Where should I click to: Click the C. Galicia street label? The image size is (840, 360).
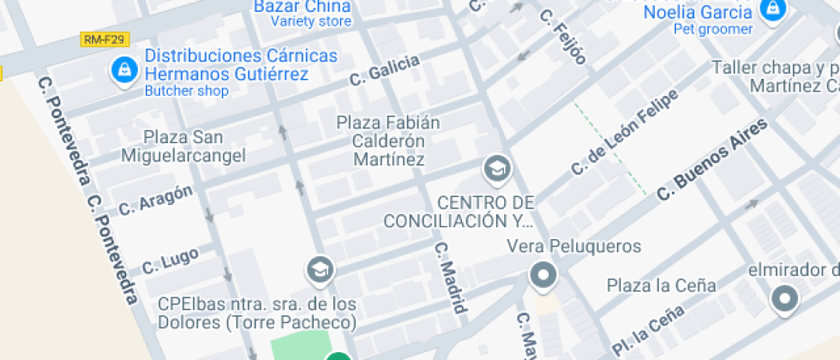(x=384, y=70)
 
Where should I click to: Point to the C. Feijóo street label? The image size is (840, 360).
(x=563, y=37)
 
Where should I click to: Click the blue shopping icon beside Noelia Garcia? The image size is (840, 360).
(x=773, y=10)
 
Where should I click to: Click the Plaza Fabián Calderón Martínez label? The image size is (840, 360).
(x=388, y=141)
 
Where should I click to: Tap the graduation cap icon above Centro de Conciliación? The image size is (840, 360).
(x=496, y=170)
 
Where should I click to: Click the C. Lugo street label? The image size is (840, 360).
(x=171, y=261)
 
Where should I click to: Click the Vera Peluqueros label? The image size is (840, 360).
(x=573, y=247)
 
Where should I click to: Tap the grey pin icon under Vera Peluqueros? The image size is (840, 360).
(x=543, y=277)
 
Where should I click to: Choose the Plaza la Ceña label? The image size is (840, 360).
(x=661, y=285)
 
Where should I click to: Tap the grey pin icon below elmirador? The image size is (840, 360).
(x=784, y=299)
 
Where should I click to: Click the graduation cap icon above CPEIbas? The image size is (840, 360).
(x=321, y=269)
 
